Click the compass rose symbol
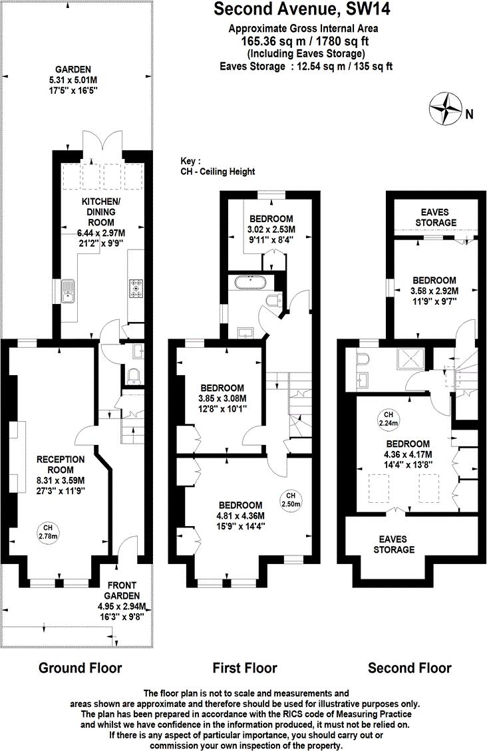tap(445, 108)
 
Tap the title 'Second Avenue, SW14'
tap(302, 9)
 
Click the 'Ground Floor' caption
tap(80, 668)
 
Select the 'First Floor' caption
tap(244, 668)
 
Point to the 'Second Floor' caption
tap(409, 668)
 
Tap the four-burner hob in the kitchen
tap(137, 288)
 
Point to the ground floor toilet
tap(134, 376)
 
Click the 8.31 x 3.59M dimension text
tap(61, 480)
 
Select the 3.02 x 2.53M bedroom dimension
tap(271, 230)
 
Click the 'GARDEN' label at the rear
tap(73, 69)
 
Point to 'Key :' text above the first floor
tap(192, 161)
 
